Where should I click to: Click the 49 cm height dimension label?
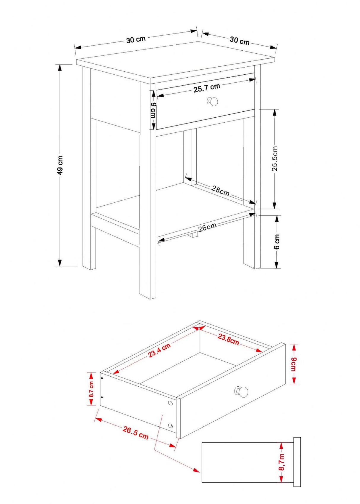[60, 165]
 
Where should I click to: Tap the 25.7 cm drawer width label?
[207, 88]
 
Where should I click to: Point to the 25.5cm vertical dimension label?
[275, 158]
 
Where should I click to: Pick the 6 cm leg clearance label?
[277, 242]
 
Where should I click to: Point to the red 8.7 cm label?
[91, 389]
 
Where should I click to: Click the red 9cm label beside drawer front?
[293, 364]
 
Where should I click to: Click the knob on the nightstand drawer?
[212, 102]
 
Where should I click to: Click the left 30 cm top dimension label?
[136, 39]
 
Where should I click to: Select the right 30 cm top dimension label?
[239, 41]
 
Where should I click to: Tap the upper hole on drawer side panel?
[170, 403]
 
